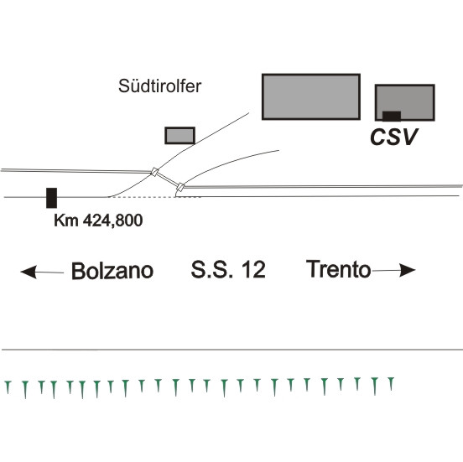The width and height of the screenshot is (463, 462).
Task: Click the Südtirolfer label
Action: (x=159, y=86)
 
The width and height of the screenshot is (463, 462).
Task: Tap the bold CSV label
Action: (x=393, y=137)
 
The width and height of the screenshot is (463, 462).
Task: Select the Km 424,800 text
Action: (x=98, y=221)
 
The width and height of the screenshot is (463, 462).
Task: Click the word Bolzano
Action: (x=112, y=271)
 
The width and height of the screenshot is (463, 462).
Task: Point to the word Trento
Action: (x=338, y=269)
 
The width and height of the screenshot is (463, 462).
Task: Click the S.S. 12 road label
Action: (x=228, y=269)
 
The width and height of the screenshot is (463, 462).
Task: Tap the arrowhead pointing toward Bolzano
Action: (x=29, y=272)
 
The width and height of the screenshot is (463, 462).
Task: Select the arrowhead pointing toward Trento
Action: (x=407, y=270)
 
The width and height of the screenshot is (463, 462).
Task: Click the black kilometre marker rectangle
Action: (x=52, y=198)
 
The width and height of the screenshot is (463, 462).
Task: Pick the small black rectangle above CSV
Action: (x=392, y=117)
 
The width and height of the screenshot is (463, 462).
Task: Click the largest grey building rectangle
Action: (x=311, y=96)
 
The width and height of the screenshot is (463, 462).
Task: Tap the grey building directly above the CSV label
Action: (x=405, y=102)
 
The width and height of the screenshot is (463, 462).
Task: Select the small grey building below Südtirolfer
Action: (x=179, y=136)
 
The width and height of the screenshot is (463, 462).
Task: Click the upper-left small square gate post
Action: (x=154, y=172)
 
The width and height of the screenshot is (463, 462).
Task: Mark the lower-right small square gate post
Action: (x=180, y=187)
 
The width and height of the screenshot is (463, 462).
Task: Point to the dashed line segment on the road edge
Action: (x=155, y=197)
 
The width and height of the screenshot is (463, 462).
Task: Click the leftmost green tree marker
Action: (x=8, y=387)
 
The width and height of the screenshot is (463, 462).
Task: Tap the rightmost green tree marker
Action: (x=391, y=384)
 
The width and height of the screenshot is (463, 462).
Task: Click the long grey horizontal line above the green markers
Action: (x=232, y=350)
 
